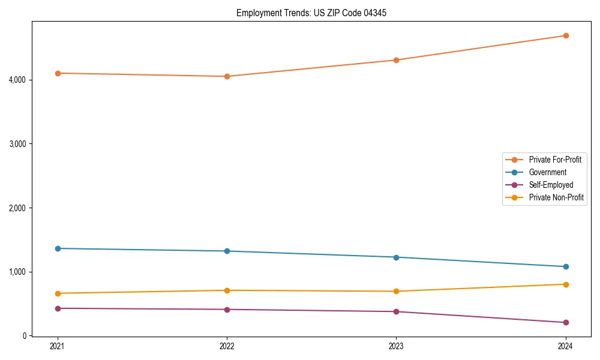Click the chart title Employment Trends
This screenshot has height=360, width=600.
click(307, 13)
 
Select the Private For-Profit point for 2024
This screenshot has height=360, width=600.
click(565, 35)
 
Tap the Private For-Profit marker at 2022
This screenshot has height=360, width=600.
click(227, 76)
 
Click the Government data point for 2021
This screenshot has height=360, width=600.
click(58, 248)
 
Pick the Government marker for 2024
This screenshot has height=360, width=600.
click(565, 266)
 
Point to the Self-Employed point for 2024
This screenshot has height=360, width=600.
click(565, 322)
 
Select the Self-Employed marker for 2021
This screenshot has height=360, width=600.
click(58, 308)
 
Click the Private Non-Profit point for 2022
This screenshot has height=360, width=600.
click(227, 290)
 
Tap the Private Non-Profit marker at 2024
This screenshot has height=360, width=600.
click(565, 284)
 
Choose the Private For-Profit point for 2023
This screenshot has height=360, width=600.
click(396, 60)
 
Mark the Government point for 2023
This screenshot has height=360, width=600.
click(396, 257)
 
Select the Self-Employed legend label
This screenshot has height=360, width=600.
click(551, 185)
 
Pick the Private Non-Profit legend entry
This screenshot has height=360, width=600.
click(556, 197)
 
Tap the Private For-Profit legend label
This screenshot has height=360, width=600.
click(555, 160)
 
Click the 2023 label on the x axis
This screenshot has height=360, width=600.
click(396, 346)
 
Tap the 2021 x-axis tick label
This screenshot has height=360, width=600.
click(58, 346)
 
